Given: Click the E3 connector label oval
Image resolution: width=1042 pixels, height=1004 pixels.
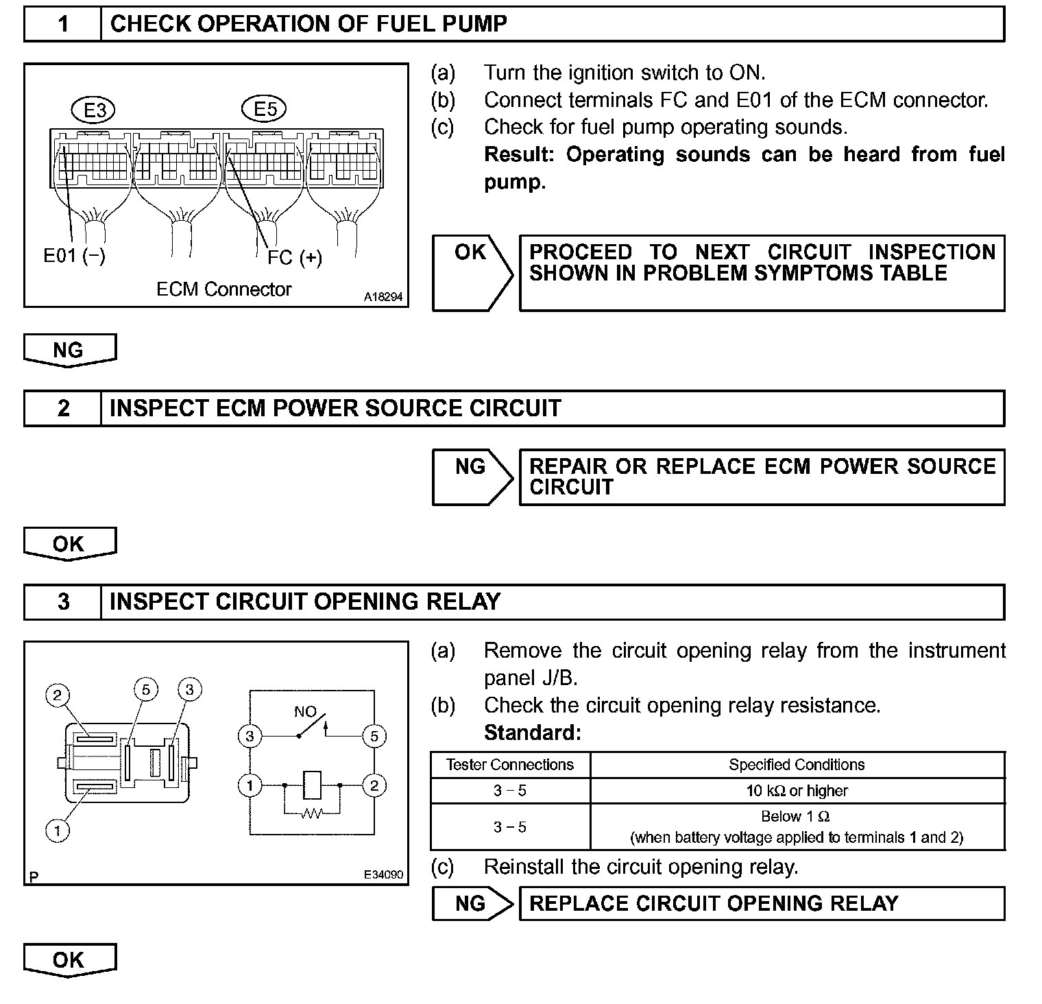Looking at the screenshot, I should point(93,110).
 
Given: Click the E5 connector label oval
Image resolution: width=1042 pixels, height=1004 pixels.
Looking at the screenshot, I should point(264,109).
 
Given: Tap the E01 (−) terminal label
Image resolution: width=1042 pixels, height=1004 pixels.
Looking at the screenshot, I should point(74,256).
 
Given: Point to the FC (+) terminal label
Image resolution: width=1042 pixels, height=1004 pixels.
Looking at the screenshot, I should point(294,258).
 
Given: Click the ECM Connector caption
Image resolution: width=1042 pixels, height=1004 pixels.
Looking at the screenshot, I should point(223,289).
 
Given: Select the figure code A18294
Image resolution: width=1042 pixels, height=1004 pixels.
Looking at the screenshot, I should point(383,298).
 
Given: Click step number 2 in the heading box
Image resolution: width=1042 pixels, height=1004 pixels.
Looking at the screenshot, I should point(63,409).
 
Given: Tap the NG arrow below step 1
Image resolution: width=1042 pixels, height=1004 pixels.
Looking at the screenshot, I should point(69,350).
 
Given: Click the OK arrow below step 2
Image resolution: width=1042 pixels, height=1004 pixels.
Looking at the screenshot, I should point(69,545).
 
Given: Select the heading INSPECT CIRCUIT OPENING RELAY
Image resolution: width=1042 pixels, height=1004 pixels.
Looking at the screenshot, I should point(305,602).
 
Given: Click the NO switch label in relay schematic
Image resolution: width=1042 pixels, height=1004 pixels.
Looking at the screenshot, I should point(304,712).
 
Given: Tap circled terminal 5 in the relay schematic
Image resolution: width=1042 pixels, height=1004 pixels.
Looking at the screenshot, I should point(374,737).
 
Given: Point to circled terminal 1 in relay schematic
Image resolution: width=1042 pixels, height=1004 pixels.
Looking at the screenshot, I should point(250,785).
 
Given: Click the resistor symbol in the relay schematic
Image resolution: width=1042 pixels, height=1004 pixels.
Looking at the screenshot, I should point(312,813).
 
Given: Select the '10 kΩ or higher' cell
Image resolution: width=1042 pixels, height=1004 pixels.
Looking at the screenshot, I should point(797,791).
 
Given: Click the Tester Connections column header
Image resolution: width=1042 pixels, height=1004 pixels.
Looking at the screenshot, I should point(510,765).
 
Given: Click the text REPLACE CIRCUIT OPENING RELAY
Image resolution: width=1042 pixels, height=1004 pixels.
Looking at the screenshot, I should point(714,904).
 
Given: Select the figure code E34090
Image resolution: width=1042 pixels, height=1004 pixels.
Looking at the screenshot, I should point(383,875).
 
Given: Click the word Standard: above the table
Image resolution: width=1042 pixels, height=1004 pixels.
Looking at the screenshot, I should point(532,733).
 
